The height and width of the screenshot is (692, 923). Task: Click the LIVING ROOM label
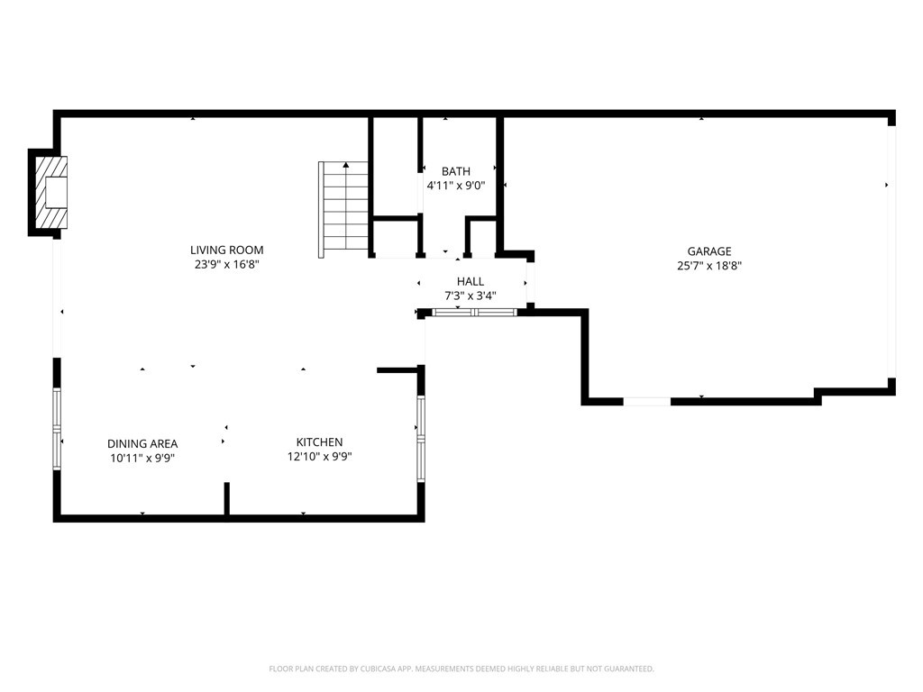[226, 250]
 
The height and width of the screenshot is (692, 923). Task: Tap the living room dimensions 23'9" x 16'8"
[226, 265]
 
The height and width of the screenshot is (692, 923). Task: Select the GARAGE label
[709, 251]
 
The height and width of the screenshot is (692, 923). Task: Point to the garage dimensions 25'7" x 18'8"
[709, 266]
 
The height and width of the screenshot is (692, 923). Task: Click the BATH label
[456, 171]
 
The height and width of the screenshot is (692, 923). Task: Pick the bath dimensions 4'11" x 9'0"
[456, 186]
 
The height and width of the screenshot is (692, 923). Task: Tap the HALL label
[471, 281]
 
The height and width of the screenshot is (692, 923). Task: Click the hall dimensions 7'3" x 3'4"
[471, 296]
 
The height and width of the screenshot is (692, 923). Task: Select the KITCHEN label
[320, 442]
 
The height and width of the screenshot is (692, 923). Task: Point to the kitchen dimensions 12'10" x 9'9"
[320, 456]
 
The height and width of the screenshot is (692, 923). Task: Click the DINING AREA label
[142, 443]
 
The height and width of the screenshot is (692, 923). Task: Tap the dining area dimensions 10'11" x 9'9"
[142, 458]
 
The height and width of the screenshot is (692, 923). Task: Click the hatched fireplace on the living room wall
[51, 192]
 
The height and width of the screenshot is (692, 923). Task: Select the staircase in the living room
[343, 209]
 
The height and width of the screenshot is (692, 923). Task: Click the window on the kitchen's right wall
[421, 439]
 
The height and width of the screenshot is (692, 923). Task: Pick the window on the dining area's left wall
[57, 428]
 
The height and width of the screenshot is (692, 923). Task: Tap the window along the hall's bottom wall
[474, 313]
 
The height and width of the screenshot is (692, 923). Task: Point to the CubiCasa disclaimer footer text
[461, 669]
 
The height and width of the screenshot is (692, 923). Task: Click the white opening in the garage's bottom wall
[647, 401]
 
